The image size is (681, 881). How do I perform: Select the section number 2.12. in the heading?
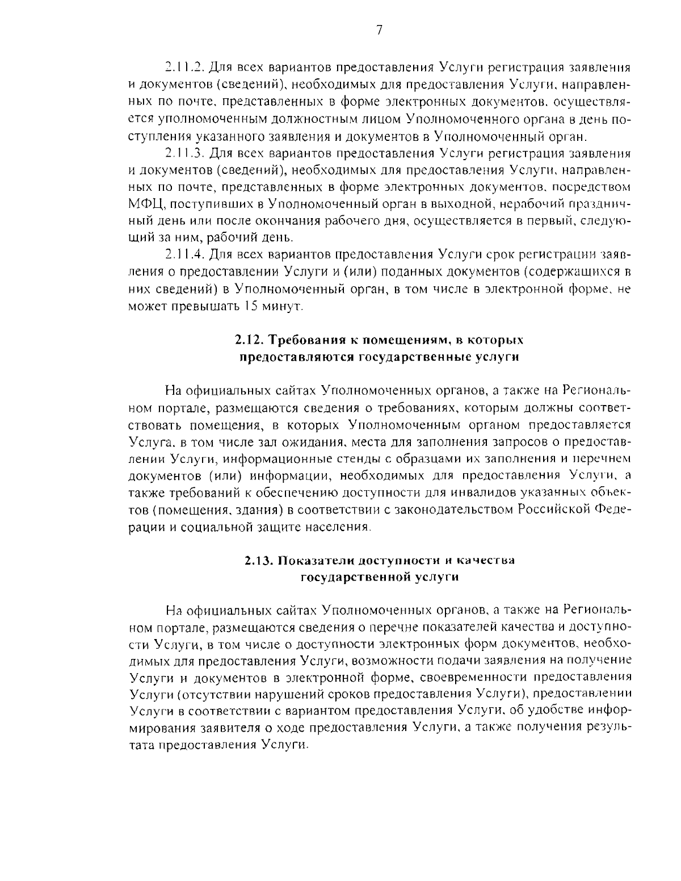coord(249,340)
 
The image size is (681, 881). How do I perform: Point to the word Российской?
coord(554,509)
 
